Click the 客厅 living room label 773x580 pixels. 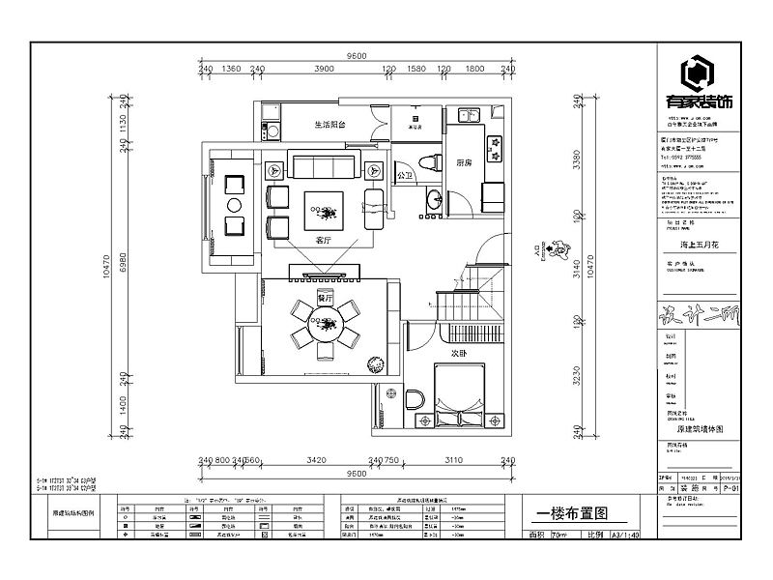pyautogui.click(x=324, y=240)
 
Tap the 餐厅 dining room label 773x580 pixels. pyautogui.click(x=325, y=300)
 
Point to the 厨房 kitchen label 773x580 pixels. pyautogui.click(x=465, y=163)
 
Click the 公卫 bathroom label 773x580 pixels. pyautogui.click(x=406, y=175)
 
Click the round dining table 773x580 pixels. pyautogui.click(x=325, y=324)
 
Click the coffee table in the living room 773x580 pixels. pyautogui.click(x=324, y=207)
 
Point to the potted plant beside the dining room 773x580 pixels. pyautogui.click(x=373, y=364)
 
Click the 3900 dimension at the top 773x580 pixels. pyautogui.click(x=324, y=70)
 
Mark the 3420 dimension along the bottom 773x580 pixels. pyautogui.click(x=316, y=460)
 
